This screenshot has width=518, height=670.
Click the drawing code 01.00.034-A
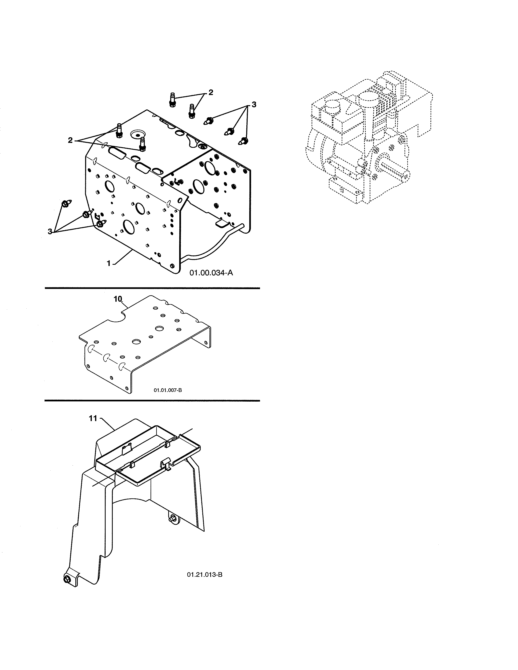click(211, 272)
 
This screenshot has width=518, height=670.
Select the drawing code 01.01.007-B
click(168, 390)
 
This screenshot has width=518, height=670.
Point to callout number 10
click(118, 299)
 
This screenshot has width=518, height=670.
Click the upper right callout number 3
click(254, 105)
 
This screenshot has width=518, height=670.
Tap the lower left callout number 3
click(50, 232)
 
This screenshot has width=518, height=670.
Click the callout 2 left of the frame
click(70, 140)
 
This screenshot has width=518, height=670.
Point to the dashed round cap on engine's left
click(333, 108)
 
